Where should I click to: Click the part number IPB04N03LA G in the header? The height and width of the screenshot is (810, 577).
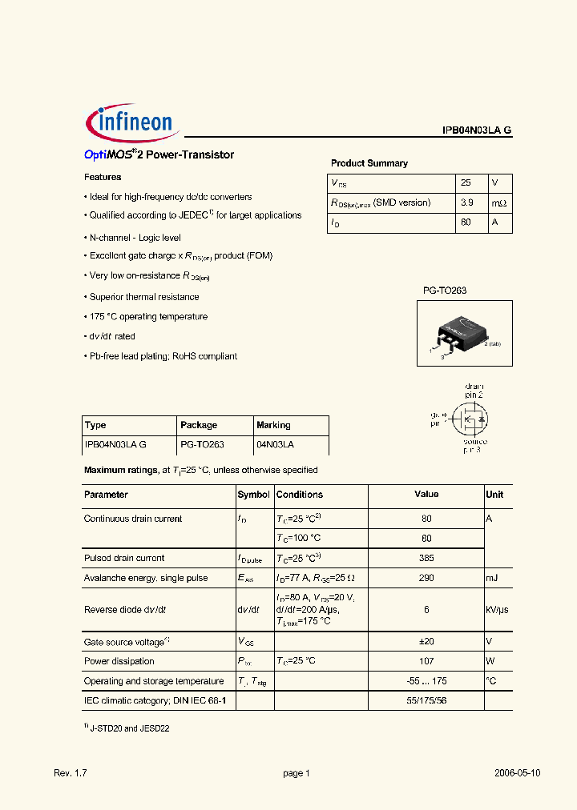(x=477, y=130)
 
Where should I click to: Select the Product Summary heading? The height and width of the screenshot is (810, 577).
(x=369, y=163)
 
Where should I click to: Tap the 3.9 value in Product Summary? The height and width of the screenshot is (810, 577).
(x=467, y=202)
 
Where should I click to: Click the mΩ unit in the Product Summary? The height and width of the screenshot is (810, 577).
(x=498, y=202)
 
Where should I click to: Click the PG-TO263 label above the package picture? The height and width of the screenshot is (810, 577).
(x=445, y=291)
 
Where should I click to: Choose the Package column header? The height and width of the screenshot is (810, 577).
(x=199, y=425)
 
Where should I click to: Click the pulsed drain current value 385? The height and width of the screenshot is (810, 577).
(x=426, y=558)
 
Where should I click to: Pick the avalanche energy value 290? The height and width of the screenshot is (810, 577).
(x=426, y=578)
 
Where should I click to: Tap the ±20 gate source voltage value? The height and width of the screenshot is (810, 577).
(x=426, y=641)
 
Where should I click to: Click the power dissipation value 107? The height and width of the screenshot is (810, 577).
(x=426, y=661)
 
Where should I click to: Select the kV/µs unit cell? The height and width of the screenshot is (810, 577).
(x=498, y=609)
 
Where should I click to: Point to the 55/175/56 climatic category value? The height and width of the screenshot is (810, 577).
(x=426, y=700)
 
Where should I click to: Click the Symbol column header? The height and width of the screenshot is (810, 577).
(x=254, y=495)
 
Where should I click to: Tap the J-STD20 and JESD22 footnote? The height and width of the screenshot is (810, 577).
(x=129, y=729)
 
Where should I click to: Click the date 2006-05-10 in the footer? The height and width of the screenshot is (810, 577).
(x=517, y=773)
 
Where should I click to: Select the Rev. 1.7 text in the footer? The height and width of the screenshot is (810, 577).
(x=70, y=773)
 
